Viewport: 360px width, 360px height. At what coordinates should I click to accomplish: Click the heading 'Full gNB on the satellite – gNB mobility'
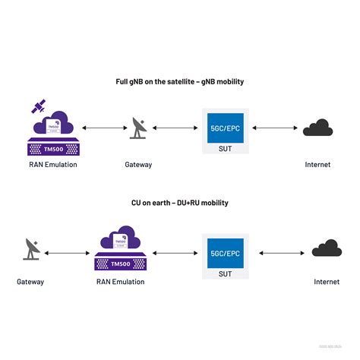[x=180, y=81]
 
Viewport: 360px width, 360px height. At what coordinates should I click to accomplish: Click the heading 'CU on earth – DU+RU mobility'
[x=180, y=203]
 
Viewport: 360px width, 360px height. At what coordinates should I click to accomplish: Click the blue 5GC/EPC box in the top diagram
[x=226, y=129]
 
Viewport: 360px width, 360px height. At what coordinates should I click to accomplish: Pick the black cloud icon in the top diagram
[x=318, y=129]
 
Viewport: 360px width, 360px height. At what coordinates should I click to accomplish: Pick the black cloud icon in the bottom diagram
[x=327, y=248]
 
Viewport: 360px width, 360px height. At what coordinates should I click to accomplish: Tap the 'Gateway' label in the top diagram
[x=138, y=164]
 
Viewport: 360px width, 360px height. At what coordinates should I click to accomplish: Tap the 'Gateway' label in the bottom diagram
[x=30, y=282]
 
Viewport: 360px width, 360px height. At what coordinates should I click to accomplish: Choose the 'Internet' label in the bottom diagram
[x=327, y=282]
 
